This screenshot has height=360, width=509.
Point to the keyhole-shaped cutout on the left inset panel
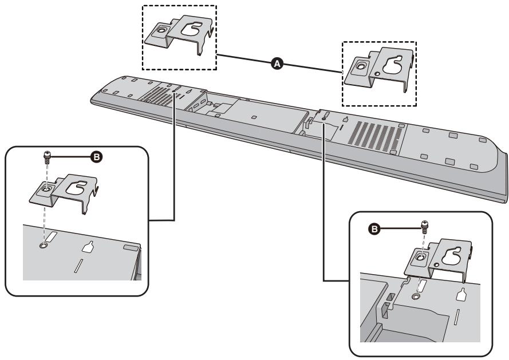coord(88,247)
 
